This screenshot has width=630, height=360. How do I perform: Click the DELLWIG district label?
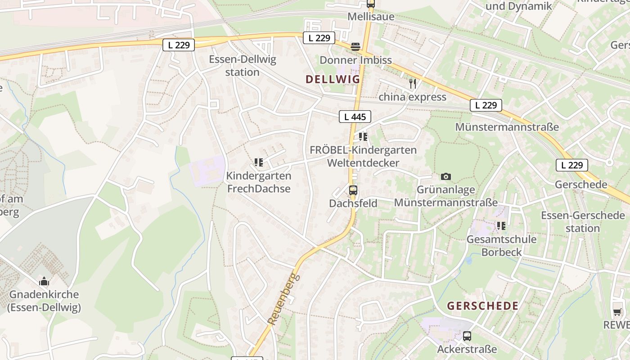tap(333, 79)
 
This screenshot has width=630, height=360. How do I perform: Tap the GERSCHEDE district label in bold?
tap(482, 306)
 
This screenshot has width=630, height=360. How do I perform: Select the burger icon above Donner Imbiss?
tap(355, 46)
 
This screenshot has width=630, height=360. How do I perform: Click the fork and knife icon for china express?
tap(412, 83)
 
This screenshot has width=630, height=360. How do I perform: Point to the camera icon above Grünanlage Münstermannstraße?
tap(446, 177)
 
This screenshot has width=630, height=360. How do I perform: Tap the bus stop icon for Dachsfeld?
tap(353, 190)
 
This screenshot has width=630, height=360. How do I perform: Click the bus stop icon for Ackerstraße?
tap(467, 336)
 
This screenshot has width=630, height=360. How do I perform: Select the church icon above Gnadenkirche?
tap(44, 282)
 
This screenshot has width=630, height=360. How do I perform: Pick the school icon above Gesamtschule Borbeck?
tap(501, 225)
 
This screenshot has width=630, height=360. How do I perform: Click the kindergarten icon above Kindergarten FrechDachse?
tap(258, 162)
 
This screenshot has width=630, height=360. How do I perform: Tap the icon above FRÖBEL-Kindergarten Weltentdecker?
tap(363, 136)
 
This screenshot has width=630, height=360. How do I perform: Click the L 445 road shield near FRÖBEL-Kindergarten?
tap(355, 117)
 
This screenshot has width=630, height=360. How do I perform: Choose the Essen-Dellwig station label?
tap(243, 66)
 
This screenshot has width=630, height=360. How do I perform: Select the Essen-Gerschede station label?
tap(582, 222)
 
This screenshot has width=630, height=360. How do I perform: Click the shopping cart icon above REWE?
tap(617, 311)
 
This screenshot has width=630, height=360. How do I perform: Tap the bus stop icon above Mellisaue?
tap(370, 4)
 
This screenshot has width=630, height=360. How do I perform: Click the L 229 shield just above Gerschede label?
tap(572, 165)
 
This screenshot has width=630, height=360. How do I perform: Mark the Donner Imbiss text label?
tap(355, 60)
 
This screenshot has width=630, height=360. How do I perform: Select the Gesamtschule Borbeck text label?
tap(501, 246)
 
